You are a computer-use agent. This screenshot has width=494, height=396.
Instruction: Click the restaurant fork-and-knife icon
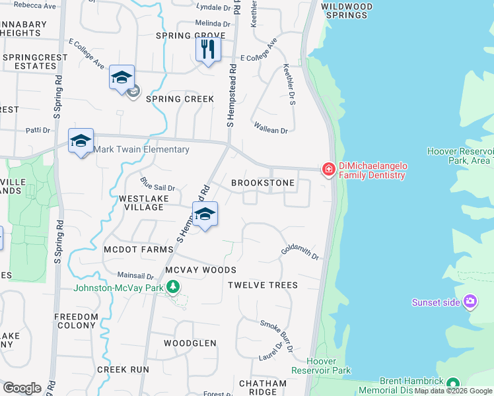pyautogui.click(x=208, y=49)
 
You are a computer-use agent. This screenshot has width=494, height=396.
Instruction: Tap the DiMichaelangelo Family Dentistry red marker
pyautogui.click(x=328, y=170)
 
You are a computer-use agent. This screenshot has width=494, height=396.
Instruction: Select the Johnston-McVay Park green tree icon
pyautogui.click(x=173, y=287)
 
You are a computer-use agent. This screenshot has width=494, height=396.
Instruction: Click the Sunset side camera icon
pyautogui.click(x=470, y=302)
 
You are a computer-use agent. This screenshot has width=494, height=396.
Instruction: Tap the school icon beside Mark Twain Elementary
pyautogui.click(x=81, y=141)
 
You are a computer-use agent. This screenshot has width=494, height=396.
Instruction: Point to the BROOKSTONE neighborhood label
pyautogui.click(x=262, y=183)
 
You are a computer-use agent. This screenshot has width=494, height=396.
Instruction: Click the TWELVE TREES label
pyautogui.click(x=262, y=285)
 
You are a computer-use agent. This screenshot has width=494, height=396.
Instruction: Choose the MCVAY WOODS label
pyautogui.click(x=200, y=270)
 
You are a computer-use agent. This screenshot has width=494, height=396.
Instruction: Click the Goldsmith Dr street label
pyautogui.click(x=300, y=251)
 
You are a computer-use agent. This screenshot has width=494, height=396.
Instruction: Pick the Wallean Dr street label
pyautogui.click(x=270, y=128)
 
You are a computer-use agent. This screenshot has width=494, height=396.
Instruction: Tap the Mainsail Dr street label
pyautogui.click(x=135, y=276)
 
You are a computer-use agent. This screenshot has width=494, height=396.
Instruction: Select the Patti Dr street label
pyautogui.click(x=38, y=130)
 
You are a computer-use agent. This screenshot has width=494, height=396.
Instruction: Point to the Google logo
pyautogui.click(x=22, y=388)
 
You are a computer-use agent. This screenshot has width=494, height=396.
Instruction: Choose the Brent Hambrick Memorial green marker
pyautogui.click(x=452, y=383)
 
